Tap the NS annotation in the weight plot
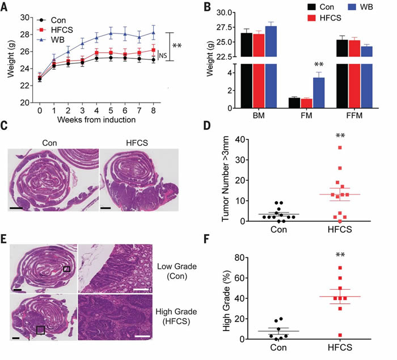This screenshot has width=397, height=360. click(x=162, y=55)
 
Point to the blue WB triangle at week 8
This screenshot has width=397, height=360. click(x=153, y=32)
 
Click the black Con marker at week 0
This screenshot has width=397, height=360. click(x=39, y=79)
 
